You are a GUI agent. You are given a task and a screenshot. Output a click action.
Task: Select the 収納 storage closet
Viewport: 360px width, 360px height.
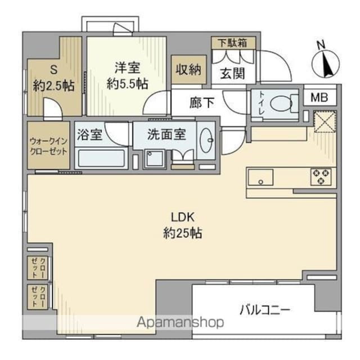[x=187, y=70]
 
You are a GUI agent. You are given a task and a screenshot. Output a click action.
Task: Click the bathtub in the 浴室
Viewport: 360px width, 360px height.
[x=102, y=158]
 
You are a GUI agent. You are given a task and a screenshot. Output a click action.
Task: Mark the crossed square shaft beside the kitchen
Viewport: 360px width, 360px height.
[x=324, y=123]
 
